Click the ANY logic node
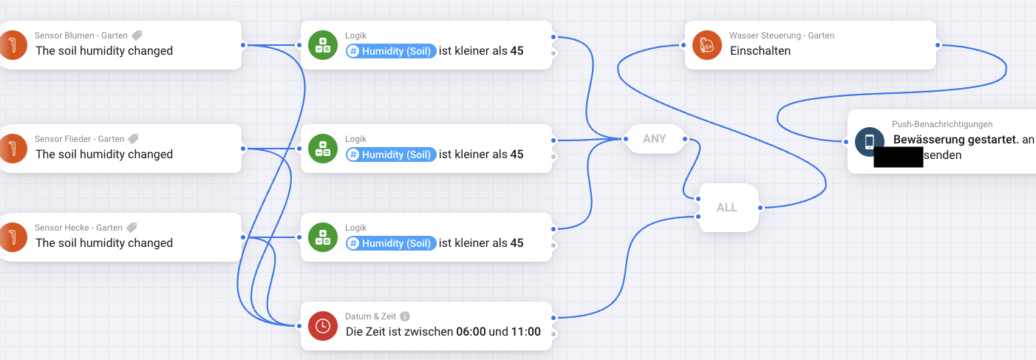coord(654,139)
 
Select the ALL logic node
coord(726,208)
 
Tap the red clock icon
coord(323,326)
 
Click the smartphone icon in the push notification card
coord(869,142)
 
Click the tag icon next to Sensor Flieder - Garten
coord(133,139)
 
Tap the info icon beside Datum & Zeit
coord(405,316)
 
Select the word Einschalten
coord(760,51)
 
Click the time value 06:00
coord(471,332)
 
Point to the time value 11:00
coord(525,332)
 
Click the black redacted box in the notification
coord(898,157)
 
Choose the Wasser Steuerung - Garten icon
coord(707,45)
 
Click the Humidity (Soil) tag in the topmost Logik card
coord(390,51)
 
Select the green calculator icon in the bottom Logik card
coord(323,237)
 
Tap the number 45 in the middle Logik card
coord(517,154)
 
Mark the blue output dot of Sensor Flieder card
coord(243,149)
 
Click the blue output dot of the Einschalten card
coord(937,45)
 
